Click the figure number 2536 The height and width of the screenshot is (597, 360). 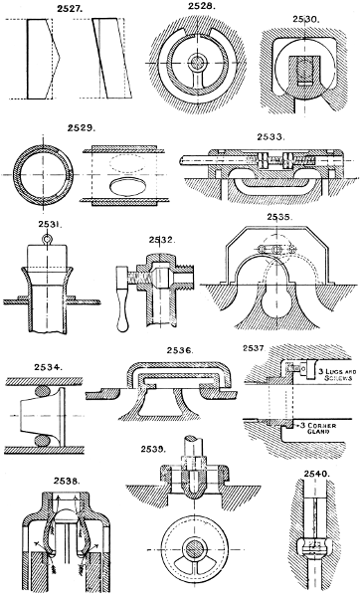tap(180, 351)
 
